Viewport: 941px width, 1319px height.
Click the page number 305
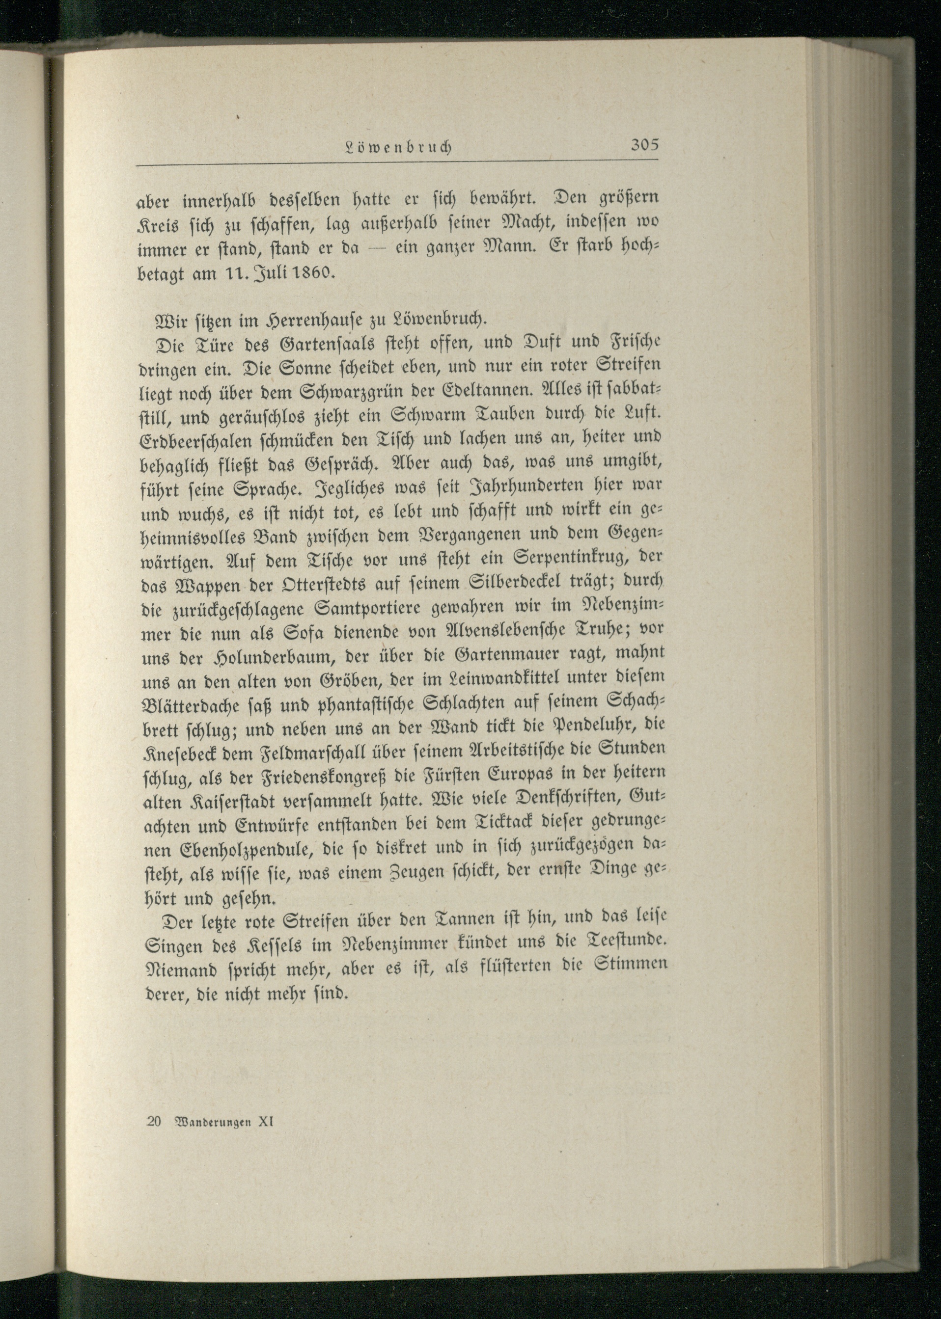pyautogui.click(x=644, y=145)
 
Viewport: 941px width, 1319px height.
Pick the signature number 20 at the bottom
pyautogui.click(x=154, y=1121)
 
